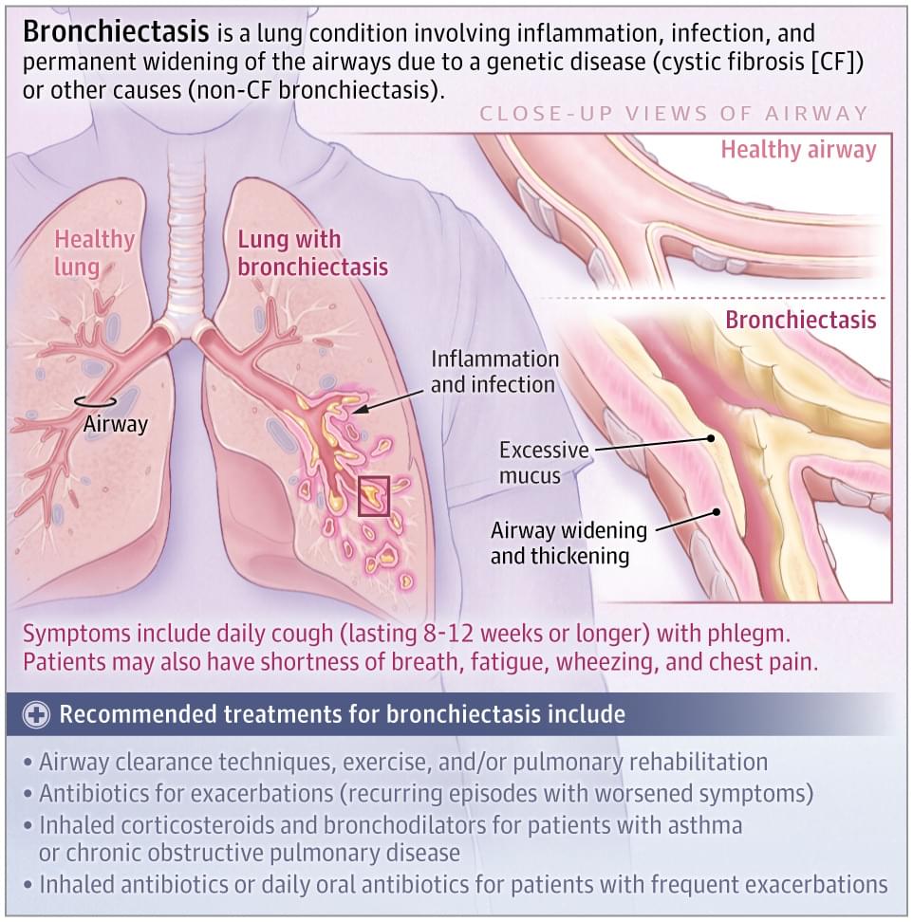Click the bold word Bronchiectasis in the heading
pyautogui.click(x=116, y=32)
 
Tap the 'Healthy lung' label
pyautogui.click(x=94, y=253)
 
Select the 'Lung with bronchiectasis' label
pyautogui.click(x=312, y=253)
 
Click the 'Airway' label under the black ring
pyautogui.click(x=115, y=425)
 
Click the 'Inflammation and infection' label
pyautogui.click(x=494, y=372)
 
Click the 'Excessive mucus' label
pyautogui.click(x=544, y=463)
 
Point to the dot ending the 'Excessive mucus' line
pyautogui.click(x=711, y=438)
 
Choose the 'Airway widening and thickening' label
pyautogui.click(x=568, y=543)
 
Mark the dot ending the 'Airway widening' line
pyautogui.click(x=716, y=511)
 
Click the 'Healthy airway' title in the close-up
pyautogui.click(x=798, y=149)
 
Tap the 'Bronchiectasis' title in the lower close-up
pyautogui.click(x=801, y=320)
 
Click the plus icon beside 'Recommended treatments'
pyautogui.click(x=36, y=715)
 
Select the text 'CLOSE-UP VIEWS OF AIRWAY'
pyautogui.click(x=674, y=114)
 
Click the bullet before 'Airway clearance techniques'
pyautogui.click(x=28, y=763)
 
